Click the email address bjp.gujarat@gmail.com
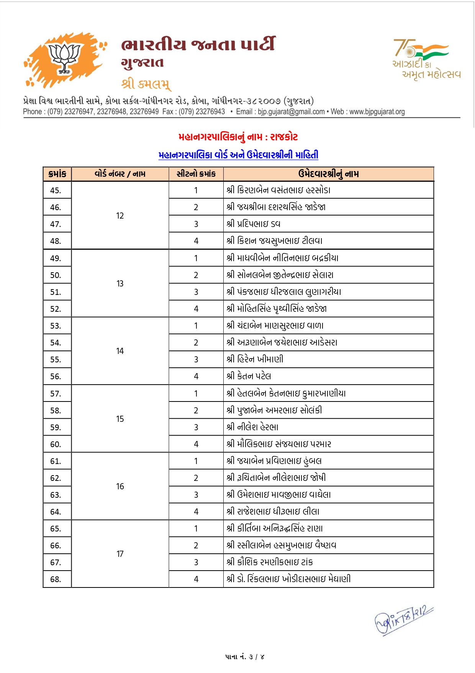291,112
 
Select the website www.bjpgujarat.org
377,112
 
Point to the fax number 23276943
210,112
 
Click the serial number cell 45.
56,190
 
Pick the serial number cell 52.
56,309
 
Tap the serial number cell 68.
56,579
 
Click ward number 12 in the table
120,216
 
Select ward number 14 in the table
120,351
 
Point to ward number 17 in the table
120,554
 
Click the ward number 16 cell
120,486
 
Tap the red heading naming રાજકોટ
238,137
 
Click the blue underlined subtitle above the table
238,155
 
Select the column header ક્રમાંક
57,174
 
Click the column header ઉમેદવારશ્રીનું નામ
328,174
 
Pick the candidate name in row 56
249,376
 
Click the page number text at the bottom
245,657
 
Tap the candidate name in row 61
274,461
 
